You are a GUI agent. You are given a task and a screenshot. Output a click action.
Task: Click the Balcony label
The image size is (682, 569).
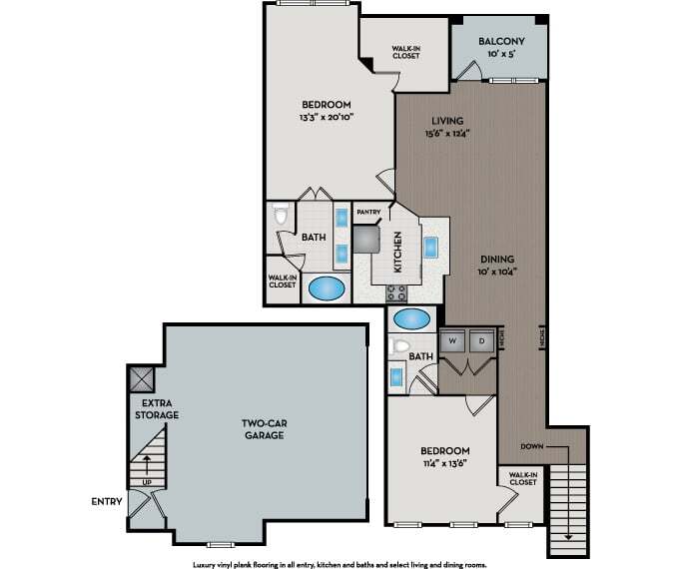501,41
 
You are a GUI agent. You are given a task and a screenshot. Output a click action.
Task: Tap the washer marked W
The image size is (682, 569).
452,339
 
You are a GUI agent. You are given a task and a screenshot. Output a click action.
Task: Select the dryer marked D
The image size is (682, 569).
481,339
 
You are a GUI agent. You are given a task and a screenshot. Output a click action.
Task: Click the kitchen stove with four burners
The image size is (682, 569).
397,293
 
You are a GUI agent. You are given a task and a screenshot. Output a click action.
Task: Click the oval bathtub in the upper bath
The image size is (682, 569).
327,288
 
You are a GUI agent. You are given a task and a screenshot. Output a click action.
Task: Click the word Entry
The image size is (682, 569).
106,500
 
